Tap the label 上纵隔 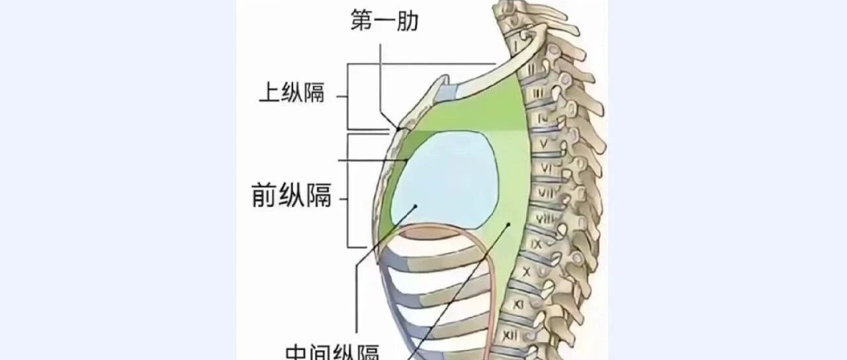[x=291, y=94]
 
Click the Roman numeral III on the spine [x=537, y=94]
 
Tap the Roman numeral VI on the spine [x=547, y=168]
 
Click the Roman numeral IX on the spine [x=537, y=244]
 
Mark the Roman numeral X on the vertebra [x=527, y=271]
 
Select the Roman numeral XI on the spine [x=519, y=302]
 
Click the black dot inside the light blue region [x=415, y=206]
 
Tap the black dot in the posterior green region [x=508, y=224]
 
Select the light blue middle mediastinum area [x=450, y=179]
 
